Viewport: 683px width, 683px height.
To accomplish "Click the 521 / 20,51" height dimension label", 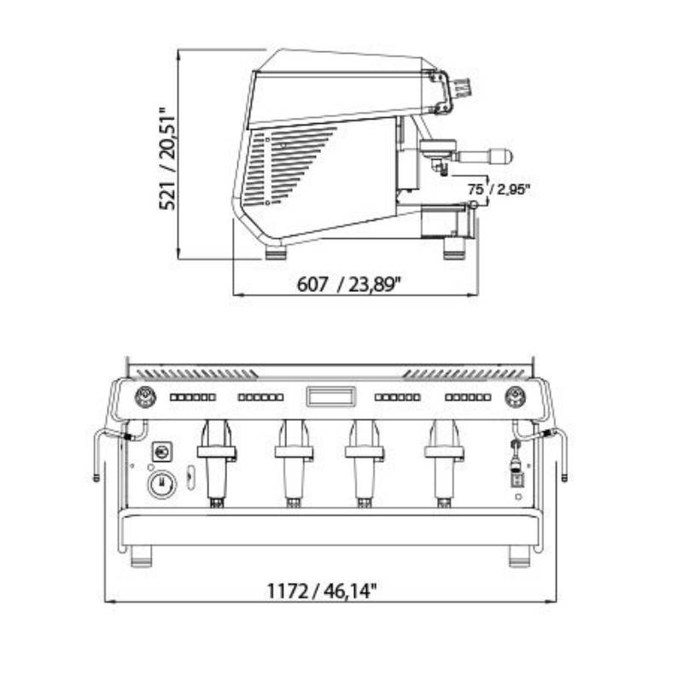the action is click(x=167, y=159).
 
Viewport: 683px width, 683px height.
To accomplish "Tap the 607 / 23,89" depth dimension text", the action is click(x=348, y=284).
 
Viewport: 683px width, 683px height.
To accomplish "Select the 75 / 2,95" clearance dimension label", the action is click(x=499, y=190).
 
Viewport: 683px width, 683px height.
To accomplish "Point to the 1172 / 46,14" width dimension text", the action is click(x=321, y=591).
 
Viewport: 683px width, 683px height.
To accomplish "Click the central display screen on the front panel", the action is click(x=330, y=396).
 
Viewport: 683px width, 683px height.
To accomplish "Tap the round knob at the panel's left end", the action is click(x=145, y=397).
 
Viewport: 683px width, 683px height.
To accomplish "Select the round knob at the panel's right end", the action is click(x=515, y=397).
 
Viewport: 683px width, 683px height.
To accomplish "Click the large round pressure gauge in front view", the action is click(x=162, y=484).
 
